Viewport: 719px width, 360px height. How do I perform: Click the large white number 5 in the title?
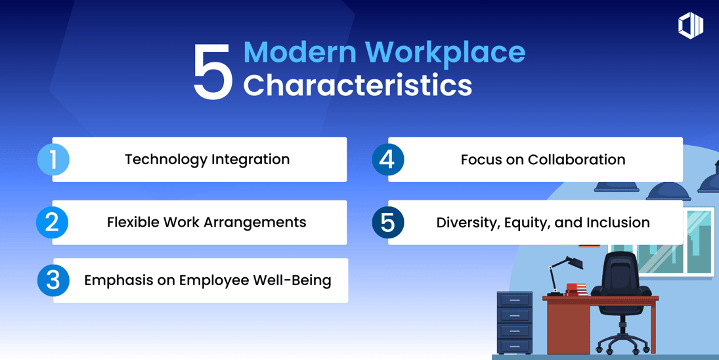click(213, 72)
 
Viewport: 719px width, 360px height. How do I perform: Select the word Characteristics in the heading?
click(358, 85)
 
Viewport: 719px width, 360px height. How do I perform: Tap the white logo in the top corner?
click(691, 26)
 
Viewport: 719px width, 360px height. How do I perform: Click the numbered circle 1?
click(53, 160)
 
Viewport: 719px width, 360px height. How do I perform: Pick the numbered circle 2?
click(53, 223)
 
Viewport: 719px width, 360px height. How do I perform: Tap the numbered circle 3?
click(53, 281)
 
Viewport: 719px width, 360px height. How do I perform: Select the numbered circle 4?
click(388, 160)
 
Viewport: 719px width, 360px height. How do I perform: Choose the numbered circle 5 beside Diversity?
click(388, 223)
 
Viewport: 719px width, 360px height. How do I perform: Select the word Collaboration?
click(577, 159)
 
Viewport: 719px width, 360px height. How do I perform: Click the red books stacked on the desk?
click(576, 290)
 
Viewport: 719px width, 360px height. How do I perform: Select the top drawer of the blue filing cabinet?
click(515, 300)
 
